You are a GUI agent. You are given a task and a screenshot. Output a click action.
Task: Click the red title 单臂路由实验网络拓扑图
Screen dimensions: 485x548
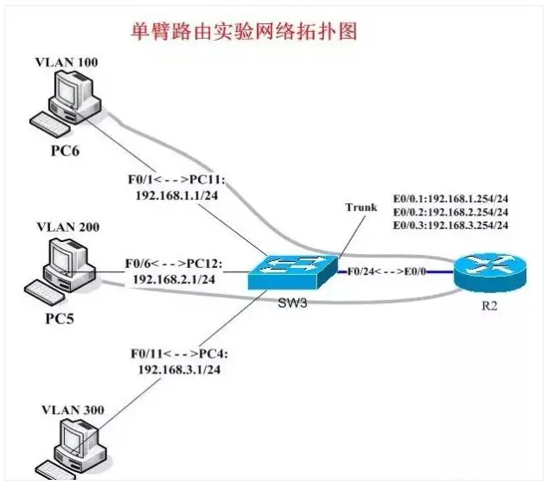pyautogui.click(x=243, y=32)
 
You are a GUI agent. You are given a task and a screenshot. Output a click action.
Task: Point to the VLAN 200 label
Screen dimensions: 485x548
pyautogui.click(x=67, y=227)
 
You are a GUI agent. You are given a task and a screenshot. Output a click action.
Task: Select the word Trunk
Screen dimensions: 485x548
pyautogui.click(x=361, y=207)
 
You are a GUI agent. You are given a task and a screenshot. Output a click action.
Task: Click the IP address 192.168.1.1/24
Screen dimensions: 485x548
pyautogui.click(x=178, y=195)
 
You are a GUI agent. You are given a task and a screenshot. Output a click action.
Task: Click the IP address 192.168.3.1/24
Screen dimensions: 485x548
pyautogui.click(x=177, y=368)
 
